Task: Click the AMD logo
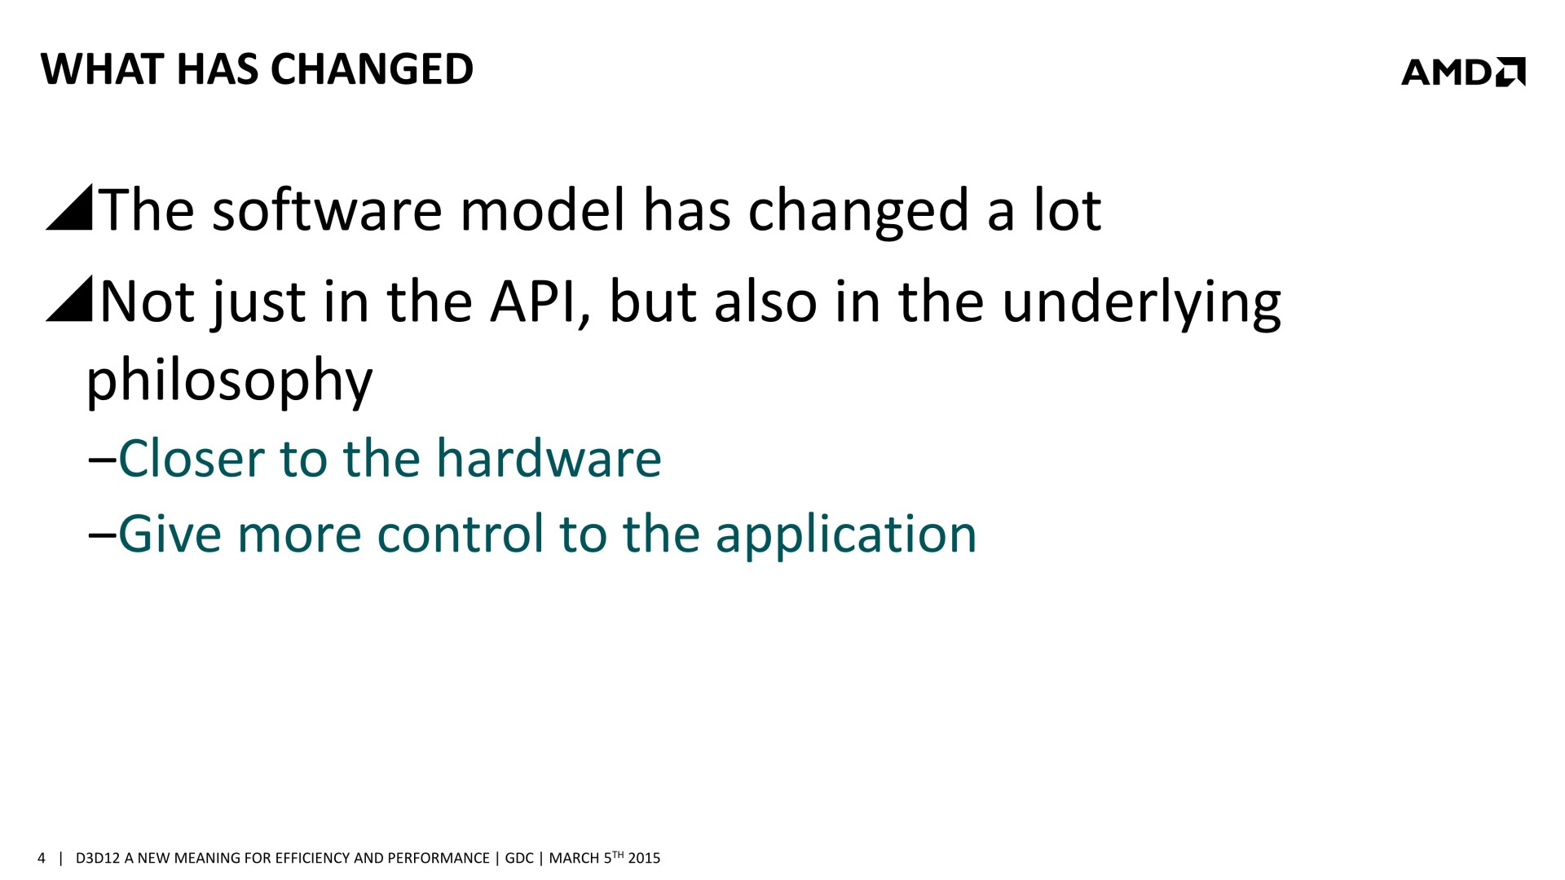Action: click(x=1463, y=72)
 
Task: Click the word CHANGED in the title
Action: click(x=372, y=69)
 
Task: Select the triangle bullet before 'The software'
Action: click(x=69, y=208)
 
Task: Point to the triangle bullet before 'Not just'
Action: click(x=69, y=298)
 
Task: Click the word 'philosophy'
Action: click(x=229, y=381)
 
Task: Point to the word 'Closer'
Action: click(x=192, y=458)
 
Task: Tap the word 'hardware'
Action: click(x=549, y=458)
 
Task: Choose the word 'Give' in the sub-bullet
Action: click(x=170, y=535)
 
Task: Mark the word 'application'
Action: click(x=846, y=538)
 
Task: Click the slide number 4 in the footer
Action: click(x=42, y=858)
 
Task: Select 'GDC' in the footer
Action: click(x=519, y=858)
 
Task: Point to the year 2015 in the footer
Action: click(x=644, y=858)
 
